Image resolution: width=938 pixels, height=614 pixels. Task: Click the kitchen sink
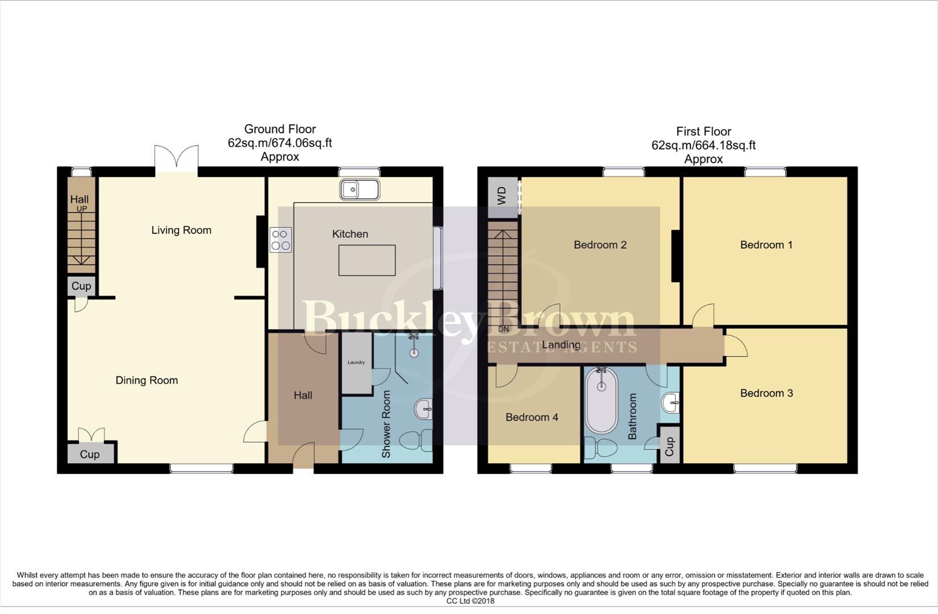coord(360,190)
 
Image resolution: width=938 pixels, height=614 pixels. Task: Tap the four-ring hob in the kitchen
coord(280,239)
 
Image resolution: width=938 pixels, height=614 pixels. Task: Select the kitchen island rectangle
coord(367,260)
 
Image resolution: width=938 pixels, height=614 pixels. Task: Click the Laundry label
coord(356,362)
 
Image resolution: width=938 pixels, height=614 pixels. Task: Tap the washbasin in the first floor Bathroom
coord(671,403)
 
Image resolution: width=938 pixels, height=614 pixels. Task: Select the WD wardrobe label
coord(502,196)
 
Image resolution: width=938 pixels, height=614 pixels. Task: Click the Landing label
coord(561,345)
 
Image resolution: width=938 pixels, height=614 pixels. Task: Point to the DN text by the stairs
coord(503,329)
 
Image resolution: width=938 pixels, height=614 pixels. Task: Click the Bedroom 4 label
coord(531,417)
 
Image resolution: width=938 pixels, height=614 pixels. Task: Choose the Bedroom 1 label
coord(766,245)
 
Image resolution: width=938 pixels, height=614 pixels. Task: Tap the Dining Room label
coord(147,380)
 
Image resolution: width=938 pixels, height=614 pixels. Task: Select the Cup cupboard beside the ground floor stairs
coord(81,286)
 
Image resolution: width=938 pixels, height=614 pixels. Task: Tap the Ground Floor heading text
coord(280,129)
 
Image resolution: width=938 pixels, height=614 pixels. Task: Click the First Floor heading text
coord(703,131)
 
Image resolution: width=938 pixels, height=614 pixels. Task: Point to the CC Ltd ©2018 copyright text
coord(470,601)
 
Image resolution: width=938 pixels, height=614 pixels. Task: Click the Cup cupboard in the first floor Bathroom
coord(670,446)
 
